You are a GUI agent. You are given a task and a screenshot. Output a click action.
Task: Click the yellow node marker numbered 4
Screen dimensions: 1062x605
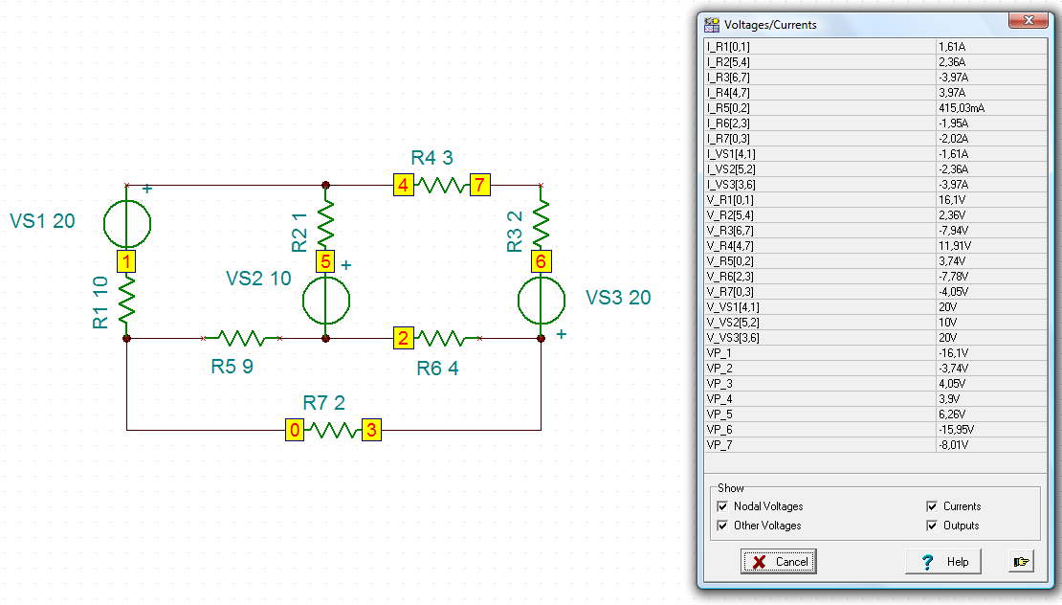[x=403, y=185]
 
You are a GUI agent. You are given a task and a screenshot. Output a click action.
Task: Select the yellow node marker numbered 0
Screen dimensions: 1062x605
[x=295, y=430]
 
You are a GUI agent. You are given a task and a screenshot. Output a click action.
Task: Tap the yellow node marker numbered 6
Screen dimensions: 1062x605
[x=541, y=261]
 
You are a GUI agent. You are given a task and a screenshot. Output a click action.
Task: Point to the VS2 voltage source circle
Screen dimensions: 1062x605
[x=326, y=301]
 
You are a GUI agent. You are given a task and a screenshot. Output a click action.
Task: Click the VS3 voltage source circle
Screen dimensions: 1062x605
[x=542, y=301]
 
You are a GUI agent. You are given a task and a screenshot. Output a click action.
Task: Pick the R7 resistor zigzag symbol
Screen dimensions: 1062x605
[x=333, y=430]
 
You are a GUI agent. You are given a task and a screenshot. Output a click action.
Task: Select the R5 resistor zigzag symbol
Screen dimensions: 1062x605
[x=242, y=338]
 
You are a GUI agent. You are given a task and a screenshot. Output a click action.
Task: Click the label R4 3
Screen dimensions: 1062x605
[x=431, y=158]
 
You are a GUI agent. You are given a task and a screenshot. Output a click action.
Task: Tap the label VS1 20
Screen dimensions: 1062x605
[x=42, y=221]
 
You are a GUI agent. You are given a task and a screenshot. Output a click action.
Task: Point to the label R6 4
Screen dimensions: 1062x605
[x=437, y=369]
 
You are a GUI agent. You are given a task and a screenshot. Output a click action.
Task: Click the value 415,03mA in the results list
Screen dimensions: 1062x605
[x=962, y=108]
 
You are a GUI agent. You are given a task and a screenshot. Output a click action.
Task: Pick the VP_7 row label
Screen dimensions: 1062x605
[x=719, y=445]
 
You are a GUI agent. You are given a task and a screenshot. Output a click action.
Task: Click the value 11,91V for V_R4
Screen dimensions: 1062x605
[x=954, y=246]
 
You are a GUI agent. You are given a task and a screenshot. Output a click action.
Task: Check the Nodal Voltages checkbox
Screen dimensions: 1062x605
[x=722, y=506]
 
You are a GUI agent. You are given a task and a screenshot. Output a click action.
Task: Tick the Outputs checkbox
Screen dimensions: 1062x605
[x=932, y=526]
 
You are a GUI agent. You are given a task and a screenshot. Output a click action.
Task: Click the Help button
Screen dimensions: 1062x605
[x=942, y=562]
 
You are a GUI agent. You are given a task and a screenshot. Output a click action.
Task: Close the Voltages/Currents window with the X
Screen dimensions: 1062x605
[x=1029, y=20]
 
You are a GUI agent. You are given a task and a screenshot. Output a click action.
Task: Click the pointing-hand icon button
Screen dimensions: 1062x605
[x=1021, y=562]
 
